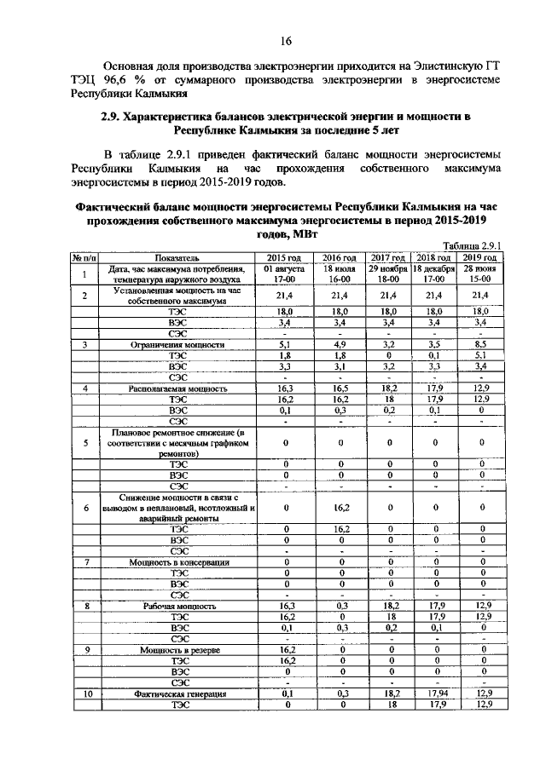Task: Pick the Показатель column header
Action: [x=177, y=256]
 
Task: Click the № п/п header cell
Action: [x=85, y=256]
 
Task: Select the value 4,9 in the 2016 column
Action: [x=340, y=345]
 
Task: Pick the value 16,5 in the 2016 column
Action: [x=340, y=388]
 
